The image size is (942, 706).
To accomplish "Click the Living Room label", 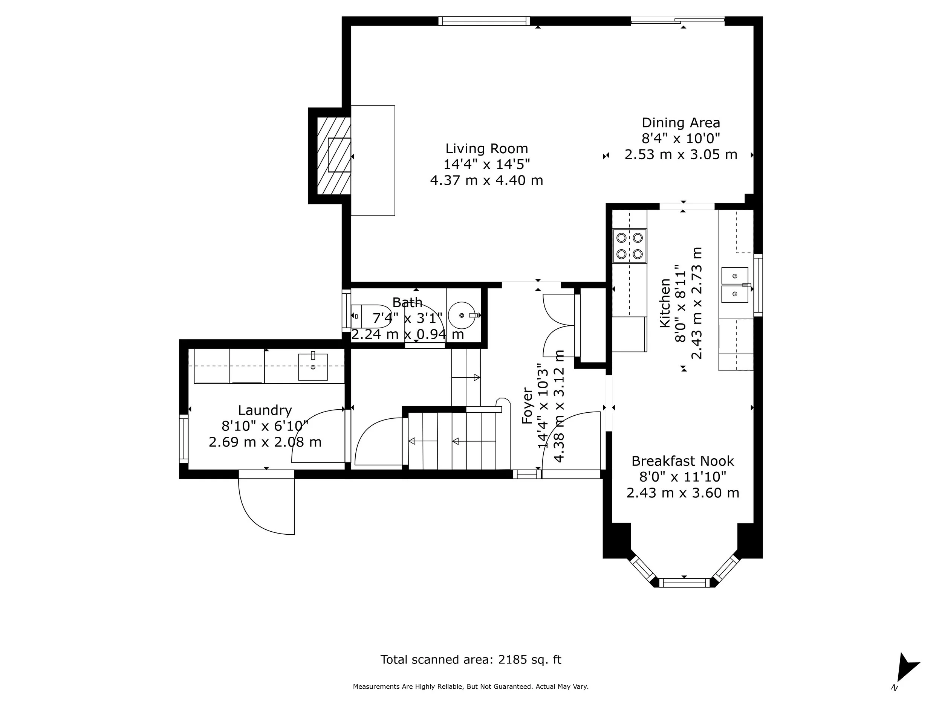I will tap(486, 148).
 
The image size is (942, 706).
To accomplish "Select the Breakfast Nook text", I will tap(682, 461).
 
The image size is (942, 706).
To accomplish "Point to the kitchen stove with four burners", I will tap(629, 246).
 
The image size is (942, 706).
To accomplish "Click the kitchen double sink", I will tap(735, 285).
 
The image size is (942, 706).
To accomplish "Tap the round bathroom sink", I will tap(462, 315).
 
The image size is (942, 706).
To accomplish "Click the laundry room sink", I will tap(313, 366).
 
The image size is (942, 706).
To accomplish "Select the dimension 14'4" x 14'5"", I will tap(486, 164).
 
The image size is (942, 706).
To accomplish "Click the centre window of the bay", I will tap(684, 582).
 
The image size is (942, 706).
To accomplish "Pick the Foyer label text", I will tap(527, 406).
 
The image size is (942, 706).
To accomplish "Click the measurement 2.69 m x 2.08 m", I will tap(265, 442).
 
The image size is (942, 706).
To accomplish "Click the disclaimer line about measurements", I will tap(471, 686).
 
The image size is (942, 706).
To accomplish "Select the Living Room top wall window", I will tap(484, 21).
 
